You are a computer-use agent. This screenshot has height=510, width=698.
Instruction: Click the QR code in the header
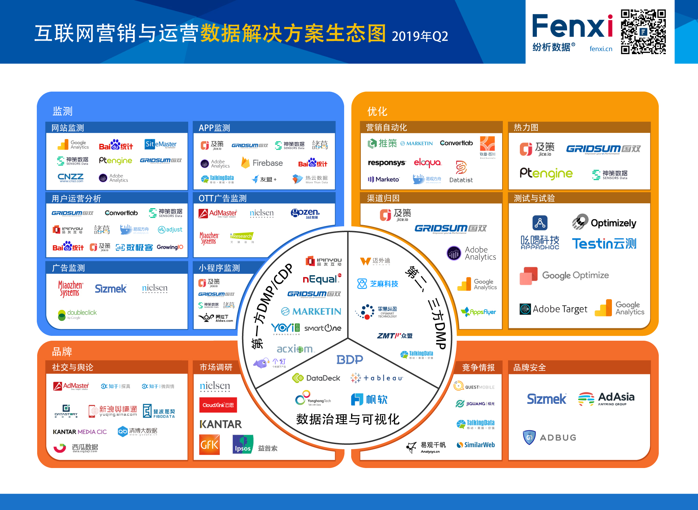pos(643,32)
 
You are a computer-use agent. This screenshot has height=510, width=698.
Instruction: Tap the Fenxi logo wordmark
pos(572,26)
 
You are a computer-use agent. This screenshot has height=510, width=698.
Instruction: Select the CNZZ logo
pos(70,178)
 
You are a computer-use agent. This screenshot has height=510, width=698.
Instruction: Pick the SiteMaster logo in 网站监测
pos(160,144)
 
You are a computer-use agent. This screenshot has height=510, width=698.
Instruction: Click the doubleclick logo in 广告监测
pos(77,314)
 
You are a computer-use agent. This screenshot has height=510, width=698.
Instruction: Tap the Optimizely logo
pos(604,222)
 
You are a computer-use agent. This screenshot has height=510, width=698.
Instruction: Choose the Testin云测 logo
pos(604,244)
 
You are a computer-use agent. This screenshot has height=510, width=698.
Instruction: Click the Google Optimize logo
pos(564,276)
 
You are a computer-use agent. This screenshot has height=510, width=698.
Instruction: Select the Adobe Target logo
pos(554,309)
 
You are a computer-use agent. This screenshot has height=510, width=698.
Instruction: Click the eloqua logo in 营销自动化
pos(427,162)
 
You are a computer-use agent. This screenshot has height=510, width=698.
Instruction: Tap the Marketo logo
pos(384,179)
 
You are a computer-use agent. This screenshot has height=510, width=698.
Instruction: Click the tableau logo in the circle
pos(377,378)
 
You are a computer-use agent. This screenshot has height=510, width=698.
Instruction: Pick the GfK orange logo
pos(209,444)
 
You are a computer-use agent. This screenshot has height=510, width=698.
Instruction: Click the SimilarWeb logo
pos(476,445)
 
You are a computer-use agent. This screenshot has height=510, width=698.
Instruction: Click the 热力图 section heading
pos(526,127)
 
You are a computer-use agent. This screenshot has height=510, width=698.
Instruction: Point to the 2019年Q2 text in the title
pos(420,36)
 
